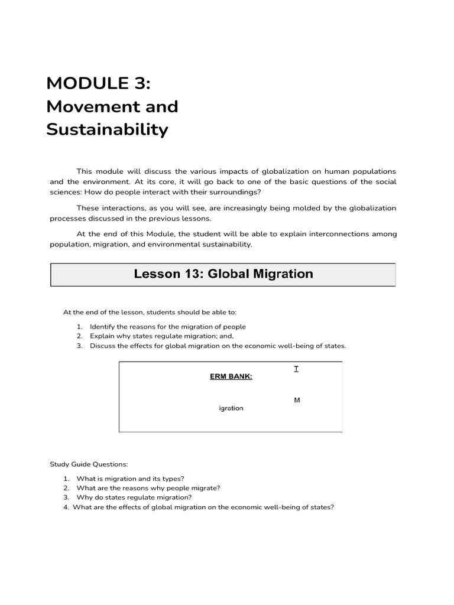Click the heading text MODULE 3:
pos(98,84)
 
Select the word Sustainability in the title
pos(107,129)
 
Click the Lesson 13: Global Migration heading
pos(223,274)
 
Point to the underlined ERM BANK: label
pos(231,377)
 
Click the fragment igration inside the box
pos(231,408)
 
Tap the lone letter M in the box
pos(297,400)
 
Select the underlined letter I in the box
pos(296,369)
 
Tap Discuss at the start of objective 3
pos(102,346)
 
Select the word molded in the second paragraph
pos(306,208)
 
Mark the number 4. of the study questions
pos(66,507)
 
